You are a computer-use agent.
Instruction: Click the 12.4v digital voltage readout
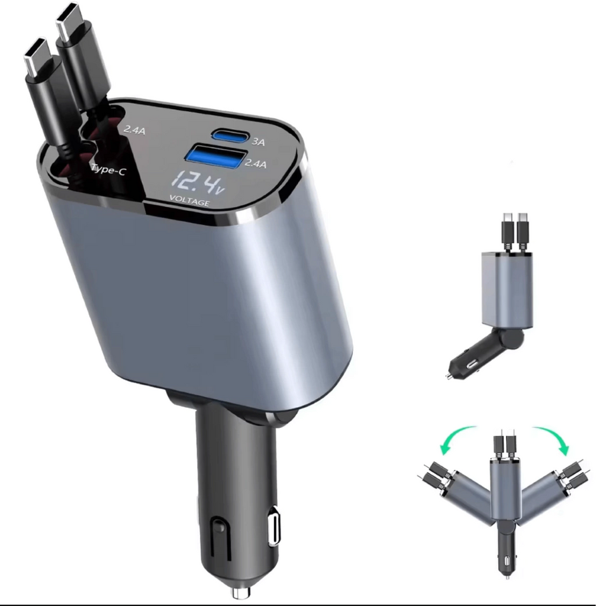(x=198, y=184)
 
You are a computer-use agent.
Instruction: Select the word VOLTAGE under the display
(x=190, y=201)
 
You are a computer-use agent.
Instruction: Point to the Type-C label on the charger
(x=108, y=169)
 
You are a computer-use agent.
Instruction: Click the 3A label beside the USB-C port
(x=259, y=142)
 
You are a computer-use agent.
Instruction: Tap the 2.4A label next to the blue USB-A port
(x=256, y=163)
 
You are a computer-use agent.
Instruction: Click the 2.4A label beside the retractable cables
(x=134, y=129)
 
